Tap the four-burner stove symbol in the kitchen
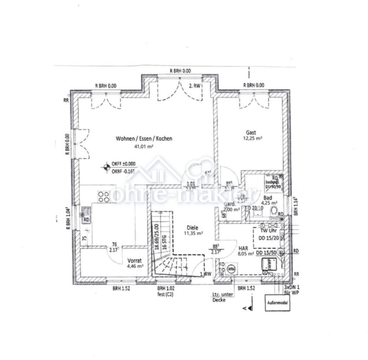104,197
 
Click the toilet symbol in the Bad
273,212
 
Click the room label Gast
251,133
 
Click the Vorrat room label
135,261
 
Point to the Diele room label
192,227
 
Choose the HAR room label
243,249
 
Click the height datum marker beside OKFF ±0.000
105,166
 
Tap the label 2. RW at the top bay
195,86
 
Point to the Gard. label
230,204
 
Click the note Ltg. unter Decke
223,297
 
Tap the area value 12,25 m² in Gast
252,139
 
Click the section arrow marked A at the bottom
245,308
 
